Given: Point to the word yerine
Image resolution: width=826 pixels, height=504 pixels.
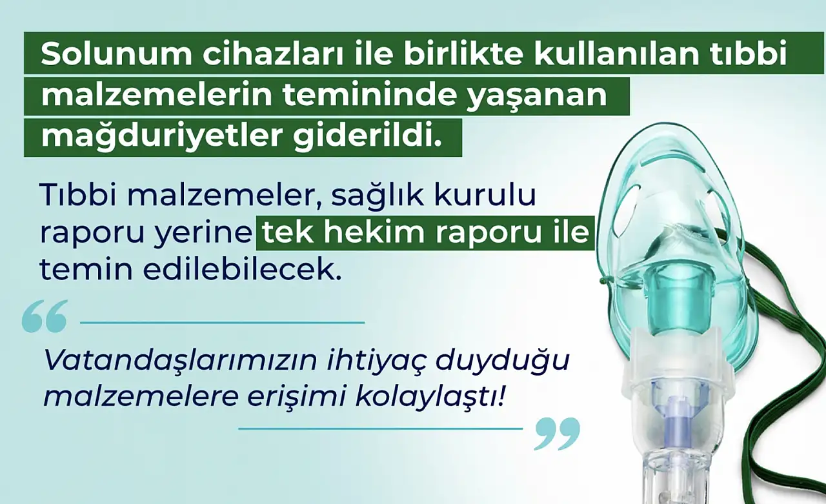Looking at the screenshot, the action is (x=203, y=236).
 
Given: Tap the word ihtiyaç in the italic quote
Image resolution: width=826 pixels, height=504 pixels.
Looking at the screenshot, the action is (x=376, y=361).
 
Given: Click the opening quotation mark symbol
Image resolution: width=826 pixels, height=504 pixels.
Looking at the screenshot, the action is (x=45, y=316).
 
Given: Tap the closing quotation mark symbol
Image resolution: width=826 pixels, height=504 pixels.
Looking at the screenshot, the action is (x=558, y=434).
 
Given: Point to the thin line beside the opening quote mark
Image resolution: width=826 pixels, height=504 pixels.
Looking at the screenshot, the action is (x=223, y=323).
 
